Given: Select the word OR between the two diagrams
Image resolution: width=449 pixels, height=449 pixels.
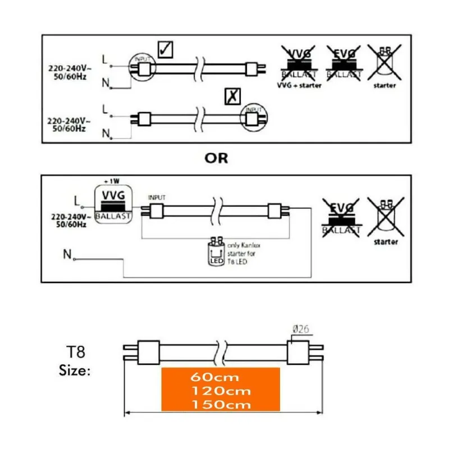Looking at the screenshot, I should pos(216,158).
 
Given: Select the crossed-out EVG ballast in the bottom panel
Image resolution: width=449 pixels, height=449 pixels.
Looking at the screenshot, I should pos(340,218).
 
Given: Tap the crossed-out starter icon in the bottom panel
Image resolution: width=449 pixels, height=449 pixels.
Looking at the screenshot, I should pos(384,216).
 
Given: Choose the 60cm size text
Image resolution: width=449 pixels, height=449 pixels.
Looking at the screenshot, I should pos(220,378).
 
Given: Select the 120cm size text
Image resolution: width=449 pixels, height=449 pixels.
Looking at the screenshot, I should pos(220,391).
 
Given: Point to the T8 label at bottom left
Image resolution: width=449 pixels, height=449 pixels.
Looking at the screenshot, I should pos(73,352).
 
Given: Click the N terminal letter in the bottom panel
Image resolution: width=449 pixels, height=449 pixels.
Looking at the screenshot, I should pos(67,255).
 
